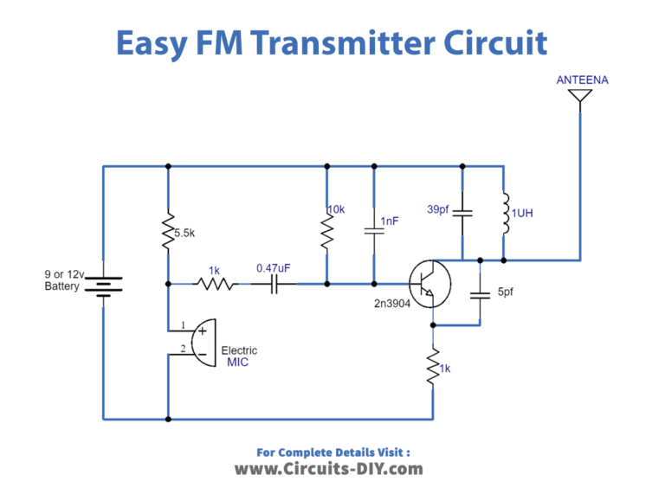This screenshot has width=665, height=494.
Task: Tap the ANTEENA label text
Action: (582, 80)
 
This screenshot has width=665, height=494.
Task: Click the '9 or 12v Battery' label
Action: (61, 280)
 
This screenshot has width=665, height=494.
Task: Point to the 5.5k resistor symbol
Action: (167, 232)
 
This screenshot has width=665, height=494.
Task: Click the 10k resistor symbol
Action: (326, 229)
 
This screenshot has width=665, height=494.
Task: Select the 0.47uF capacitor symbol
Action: (273, 283)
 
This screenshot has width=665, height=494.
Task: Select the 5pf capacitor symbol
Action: (479, 293)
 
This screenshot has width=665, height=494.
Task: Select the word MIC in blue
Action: (237, 362)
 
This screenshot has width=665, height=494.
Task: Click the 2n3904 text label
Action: (393, 305)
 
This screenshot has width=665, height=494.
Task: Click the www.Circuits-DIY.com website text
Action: (328, 469)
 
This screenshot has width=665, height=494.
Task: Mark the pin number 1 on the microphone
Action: (182, 326)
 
